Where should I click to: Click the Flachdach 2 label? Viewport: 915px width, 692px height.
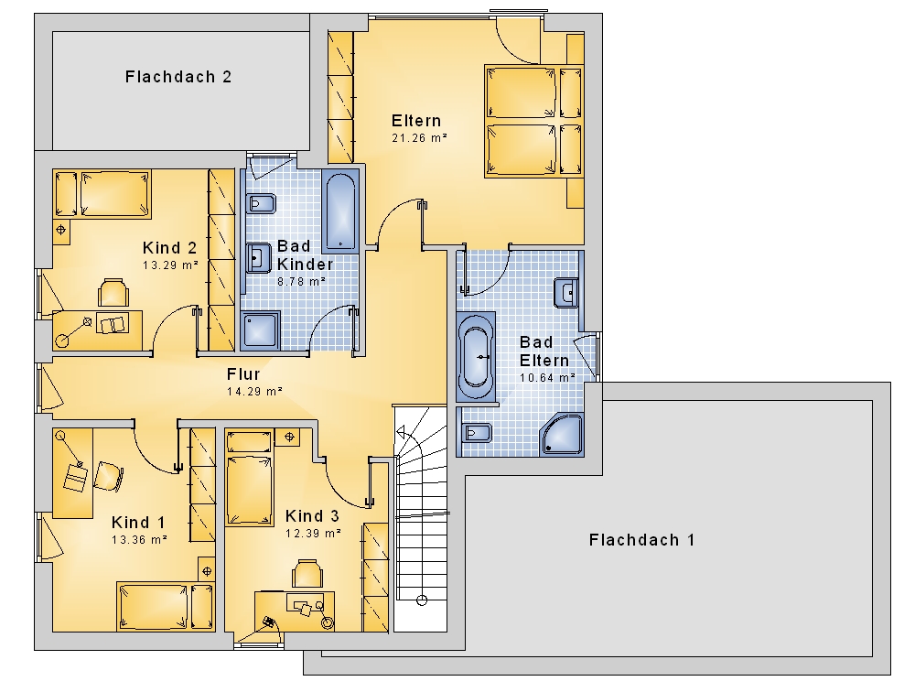[178, 77]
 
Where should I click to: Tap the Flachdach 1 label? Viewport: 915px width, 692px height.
[642, 539]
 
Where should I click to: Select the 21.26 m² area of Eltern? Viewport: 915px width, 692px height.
[419, 138]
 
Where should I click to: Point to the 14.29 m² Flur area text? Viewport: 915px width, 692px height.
[254, 391]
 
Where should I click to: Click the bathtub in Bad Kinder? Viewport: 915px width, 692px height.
[340, 211]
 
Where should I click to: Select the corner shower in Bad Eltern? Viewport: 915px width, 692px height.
[562, 435]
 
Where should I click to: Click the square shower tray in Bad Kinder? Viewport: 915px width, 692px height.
[260, 330]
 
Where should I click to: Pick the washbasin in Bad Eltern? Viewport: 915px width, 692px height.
[565, 293]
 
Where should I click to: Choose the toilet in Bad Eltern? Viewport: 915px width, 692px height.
[477, 433]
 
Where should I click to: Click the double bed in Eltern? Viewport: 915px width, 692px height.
[534, 121]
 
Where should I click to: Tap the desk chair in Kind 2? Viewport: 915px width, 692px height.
[113, 292]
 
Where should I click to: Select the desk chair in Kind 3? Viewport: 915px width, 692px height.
[307, 573]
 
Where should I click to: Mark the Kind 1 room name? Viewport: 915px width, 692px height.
[138, 522]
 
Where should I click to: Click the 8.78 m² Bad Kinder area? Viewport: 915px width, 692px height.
[301, 282]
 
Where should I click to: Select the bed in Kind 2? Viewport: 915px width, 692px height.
[102, 194]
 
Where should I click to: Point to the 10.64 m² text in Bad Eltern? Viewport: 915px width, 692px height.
[547, 378]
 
